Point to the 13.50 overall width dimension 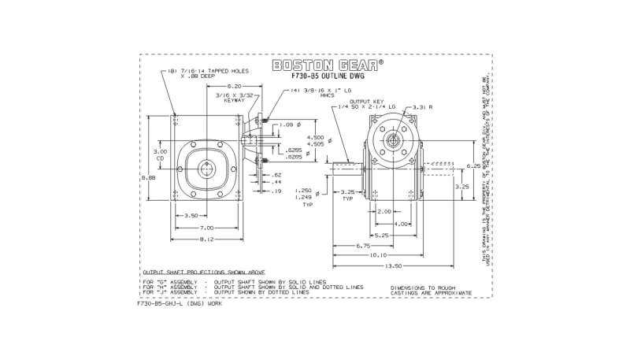(392, 265)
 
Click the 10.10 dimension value (377, 255)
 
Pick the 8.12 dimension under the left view (206, 238)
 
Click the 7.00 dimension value (206, 227)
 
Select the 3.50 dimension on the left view (190, 215)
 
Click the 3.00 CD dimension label (160, 154)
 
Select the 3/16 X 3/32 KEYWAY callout (235, 98)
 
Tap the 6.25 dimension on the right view (472, 166)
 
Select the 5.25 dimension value (383, 235)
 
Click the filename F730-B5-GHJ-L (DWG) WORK (180, 303)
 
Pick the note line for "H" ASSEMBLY (252, 287)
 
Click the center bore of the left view (207, 170)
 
